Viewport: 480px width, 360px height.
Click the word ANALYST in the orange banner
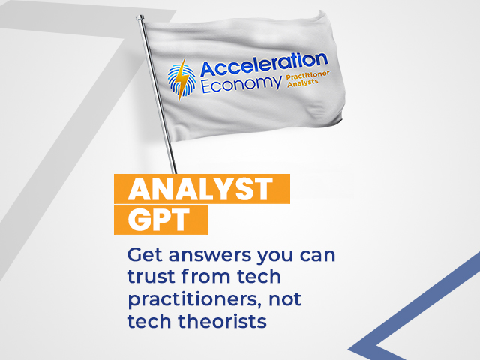[x=200, y=189]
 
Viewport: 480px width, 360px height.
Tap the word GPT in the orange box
[x=159, y=220]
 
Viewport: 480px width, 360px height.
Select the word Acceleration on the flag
[x=264, y=64]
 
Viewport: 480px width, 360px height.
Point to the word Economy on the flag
[x=241, y=83]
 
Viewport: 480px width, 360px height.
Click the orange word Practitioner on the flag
[x=308, y=76]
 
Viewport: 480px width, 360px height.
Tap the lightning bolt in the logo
[x=183, y=79]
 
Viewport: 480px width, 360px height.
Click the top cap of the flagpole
[x=140, y=18]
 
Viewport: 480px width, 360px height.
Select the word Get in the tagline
[x=145, y=255]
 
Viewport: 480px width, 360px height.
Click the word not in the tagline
[x=285, y=299]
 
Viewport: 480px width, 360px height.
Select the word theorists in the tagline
[x=223, y=321]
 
